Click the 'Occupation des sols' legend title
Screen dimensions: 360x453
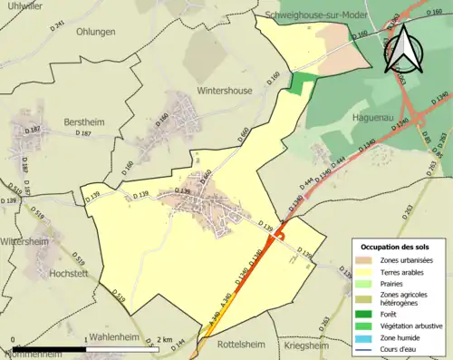click(395, 247)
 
